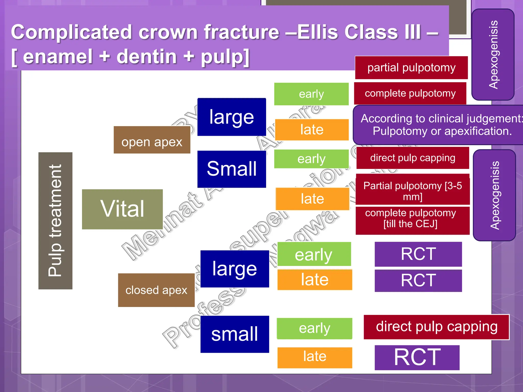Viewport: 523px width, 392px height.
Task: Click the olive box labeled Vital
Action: click(122, 209)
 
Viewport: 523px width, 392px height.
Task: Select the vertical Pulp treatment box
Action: click(55, 220)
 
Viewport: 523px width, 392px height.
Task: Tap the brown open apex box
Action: click(152, 140)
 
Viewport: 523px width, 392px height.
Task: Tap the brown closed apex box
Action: click(156, 290)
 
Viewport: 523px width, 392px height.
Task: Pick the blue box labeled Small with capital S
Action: click(232, 169)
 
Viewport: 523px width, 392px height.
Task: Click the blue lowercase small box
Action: click(234, 334)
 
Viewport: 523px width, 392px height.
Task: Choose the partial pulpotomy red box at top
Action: click(411, 68)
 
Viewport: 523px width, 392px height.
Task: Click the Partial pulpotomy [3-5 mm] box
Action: click(412, 189)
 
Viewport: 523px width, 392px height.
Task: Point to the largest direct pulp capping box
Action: click(436, 327)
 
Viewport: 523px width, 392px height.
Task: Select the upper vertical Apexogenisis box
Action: click(493, 55)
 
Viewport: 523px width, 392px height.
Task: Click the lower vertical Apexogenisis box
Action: click(494, 195)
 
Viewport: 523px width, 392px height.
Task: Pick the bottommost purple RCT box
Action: click(417, 357)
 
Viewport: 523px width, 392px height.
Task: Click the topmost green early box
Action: click(311, 94)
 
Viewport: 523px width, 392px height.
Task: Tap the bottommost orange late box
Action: click(314, 357)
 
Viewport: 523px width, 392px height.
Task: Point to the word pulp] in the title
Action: click(225, 57)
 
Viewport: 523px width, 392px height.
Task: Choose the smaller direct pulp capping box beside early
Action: click(412, 158)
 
